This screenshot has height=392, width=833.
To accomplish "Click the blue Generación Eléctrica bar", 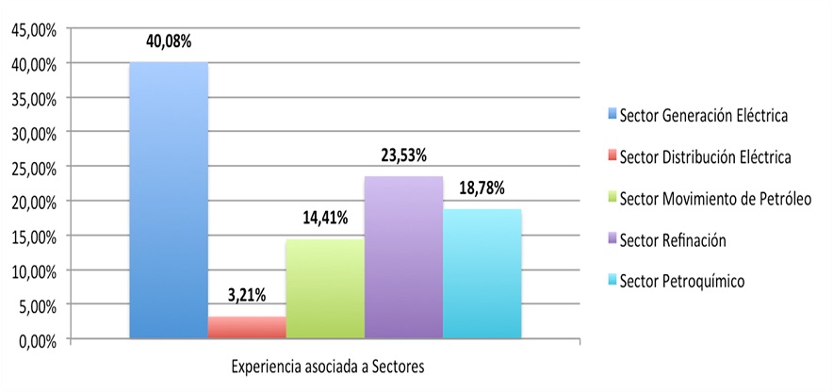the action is pos(169,201).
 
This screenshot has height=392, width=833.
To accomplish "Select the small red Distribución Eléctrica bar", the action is pos(247,327).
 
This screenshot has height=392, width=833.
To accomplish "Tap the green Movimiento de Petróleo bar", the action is pos(325,288).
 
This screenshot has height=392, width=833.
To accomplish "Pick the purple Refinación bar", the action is pos(403,257).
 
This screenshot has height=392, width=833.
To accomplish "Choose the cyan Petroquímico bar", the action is pos(482,273).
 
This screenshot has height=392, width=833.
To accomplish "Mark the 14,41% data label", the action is pos(325,218).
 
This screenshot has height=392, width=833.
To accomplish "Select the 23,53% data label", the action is pos(404,156).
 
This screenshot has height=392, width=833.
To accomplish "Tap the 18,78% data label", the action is pos(482,188).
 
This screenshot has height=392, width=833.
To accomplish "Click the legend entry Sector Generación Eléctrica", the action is pos(697,116).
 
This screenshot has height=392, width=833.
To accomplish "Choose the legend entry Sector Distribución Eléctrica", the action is pos(699,157).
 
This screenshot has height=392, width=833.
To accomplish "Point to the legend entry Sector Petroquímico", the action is pos(676,282).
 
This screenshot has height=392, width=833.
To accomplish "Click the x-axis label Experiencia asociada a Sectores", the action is pos(328,367).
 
